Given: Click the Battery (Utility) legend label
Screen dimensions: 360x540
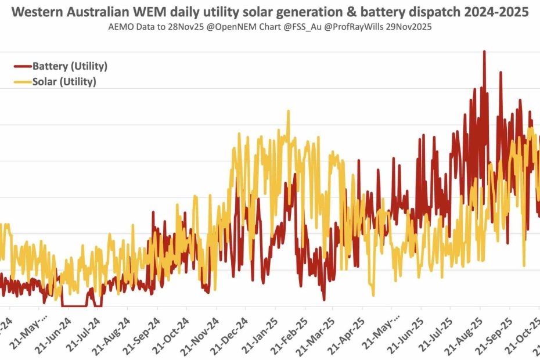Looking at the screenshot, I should pyautogui.click(x=70, y=66).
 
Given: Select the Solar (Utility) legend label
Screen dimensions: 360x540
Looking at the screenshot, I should pyautogui.click(x=64, y=82).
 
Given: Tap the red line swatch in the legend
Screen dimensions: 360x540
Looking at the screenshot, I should pyautogui.click(x=22, y=66).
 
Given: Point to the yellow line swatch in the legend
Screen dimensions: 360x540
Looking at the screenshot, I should pyautogui.click(x=22, y=82).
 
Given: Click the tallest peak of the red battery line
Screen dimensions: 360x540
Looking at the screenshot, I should pyautogui.click(x=484, y=52).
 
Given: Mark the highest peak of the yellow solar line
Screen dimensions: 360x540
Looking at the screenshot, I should pyautogui.click(x=287, y=111).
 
